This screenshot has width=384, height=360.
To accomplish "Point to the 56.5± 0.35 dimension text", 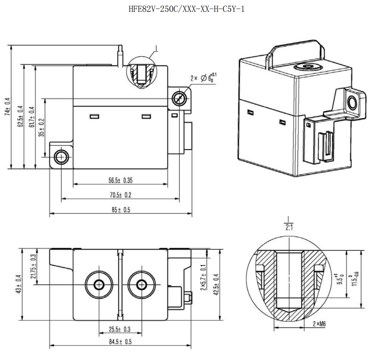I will tap(120, 180).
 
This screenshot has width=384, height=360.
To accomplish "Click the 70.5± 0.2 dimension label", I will tap(120, 195).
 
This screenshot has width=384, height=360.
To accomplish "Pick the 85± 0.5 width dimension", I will tap(120, 210).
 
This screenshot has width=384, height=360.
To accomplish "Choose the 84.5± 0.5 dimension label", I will tap(120, 341).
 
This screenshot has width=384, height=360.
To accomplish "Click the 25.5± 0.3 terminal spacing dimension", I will tap(120, 329).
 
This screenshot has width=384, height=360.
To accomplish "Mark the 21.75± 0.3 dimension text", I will tap(33, 264).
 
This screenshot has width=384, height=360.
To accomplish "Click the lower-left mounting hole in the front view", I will tap(61, 157).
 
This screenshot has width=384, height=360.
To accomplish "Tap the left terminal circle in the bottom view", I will tap(98, 284).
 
